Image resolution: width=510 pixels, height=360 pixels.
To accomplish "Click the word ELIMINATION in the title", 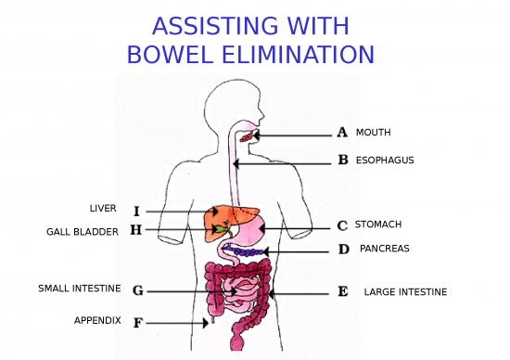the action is [x=299, y=55].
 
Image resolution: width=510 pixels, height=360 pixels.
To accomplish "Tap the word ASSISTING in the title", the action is [x=215, y=26].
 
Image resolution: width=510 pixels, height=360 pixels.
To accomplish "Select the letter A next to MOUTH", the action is [x=342, y=132].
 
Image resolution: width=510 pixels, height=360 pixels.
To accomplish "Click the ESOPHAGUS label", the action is [x=385, y=161].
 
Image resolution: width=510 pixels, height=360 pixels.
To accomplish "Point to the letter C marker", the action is [x=342, y=225].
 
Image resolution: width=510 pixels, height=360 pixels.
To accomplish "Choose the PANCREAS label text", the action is [x=385, y=249].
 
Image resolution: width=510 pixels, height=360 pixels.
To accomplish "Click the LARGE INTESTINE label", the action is [x=405, y=292].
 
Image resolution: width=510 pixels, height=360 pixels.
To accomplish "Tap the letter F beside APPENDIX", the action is [x=138, y=323].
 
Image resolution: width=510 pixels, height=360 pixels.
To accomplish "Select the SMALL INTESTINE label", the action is [x=80, y=289].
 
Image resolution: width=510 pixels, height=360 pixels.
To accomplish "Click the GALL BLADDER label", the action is [x=83, y=232].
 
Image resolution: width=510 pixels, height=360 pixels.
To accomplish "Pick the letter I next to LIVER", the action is [x=136, y=212].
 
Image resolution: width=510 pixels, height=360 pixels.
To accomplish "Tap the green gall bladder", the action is [x=223, y=229].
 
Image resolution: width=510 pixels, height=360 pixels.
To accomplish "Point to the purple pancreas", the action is [x=247, y=251].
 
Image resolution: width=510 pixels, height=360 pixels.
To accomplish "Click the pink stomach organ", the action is [x=249, y=230].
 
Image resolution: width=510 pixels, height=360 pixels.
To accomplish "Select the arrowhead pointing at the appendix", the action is [x=206, y=323].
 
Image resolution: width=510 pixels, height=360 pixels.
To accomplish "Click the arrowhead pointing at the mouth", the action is [x=257, y=135].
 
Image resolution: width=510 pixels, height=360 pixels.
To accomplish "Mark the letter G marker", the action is [x=138, y=290].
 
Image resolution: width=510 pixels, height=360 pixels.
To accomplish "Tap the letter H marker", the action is [x=136, y=230].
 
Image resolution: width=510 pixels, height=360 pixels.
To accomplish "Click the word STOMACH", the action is [x=378, y=225].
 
